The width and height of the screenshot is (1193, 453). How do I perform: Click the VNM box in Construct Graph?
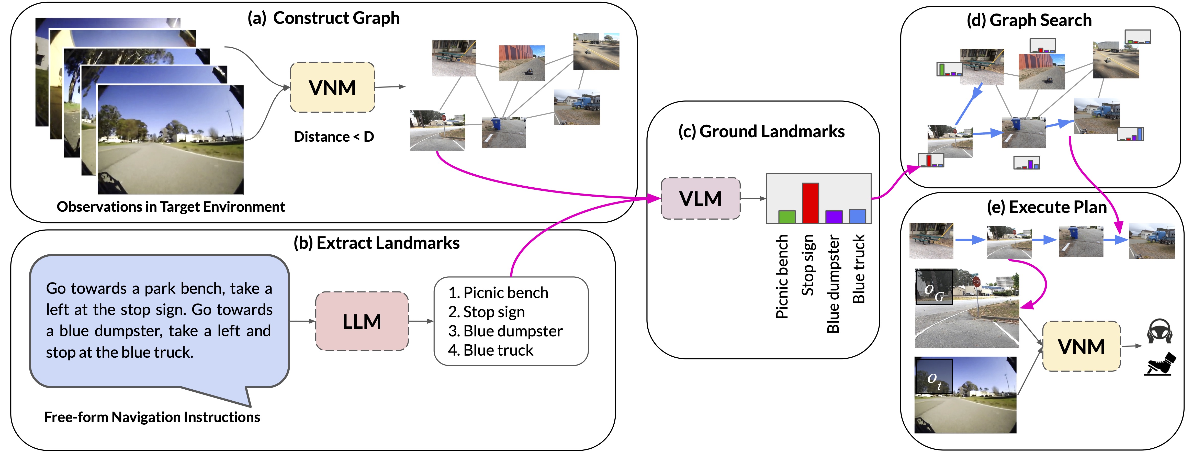click(332, 87)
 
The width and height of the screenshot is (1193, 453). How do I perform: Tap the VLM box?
click(700, 198)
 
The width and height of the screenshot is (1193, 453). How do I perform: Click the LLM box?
click(362, 321)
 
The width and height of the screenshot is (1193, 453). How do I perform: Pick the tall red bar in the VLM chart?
click(810, 203)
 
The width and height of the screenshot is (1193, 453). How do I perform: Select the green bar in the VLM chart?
click(786, 217)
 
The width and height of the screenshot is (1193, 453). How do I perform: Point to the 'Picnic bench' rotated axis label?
click(782, 277)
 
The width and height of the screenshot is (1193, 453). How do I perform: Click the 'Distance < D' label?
click(333, 137)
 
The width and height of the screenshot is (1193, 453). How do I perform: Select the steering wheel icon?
click(1159, 331)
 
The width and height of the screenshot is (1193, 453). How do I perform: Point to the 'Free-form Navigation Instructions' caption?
click(152, 417)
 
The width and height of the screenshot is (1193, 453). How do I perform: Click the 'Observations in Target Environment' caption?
click(171, 207)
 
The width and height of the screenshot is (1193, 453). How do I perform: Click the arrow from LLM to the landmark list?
click(421, 321)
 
